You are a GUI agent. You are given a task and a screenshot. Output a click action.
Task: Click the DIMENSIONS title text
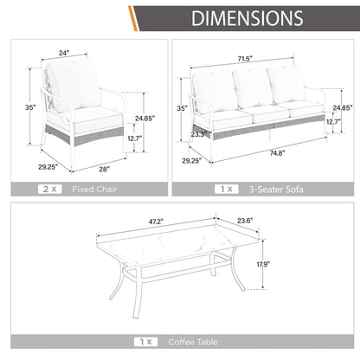pos(247,18)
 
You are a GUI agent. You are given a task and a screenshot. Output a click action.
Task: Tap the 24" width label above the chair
pos(64,53)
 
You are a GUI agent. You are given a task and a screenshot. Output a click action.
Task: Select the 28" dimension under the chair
pos(105,170)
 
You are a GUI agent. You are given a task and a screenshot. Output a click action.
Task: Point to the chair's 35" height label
pos(30,107)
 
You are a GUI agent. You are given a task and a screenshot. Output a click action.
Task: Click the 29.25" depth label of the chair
pos(48,167)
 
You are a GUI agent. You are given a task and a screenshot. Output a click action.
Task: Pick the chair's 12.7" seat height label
pos(135,138)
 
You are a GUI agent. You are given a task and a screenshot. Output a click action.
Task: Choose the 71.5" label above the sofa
pos(245,59)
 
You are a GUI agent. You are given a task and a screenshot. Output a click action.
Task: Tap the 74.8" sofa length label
pos(277,153)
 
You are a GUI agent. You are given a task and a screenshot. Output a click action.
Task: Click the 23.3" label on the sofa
pos(199,134)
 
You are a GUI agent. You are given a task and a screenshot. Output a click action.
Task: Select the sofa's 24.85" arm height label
pos(343,107)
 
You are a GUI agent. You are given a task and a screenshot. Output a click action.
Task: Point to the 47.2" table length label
pos(156,222)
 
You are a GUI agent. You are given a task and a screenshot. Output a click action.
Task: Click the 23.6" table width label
pos(245,221)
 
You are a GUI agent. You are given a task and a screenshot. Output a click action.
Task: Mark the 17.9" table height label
pos(263,264)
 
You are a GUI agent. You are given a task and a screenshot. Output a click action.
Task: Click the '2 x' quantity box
pos(50,190)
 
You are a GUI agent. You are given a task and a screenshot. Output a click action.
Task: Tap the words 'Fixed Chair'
pos(94,190)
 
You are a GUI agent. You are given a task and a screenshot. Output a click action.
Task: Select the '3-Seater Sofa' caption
pos(276,190)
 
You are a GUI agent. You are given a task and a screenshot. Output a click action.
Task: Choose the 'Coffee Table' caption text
pos(193,342)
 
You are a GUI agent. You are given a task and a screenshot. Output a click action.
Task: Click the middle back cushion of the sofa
pos(253,88)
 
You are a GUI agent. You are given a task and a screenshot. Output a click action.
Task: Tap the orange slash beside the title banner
pos(133,18)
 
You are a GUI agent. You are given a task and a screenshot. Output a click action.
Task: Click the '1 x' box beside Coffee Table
pos(146,342)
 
